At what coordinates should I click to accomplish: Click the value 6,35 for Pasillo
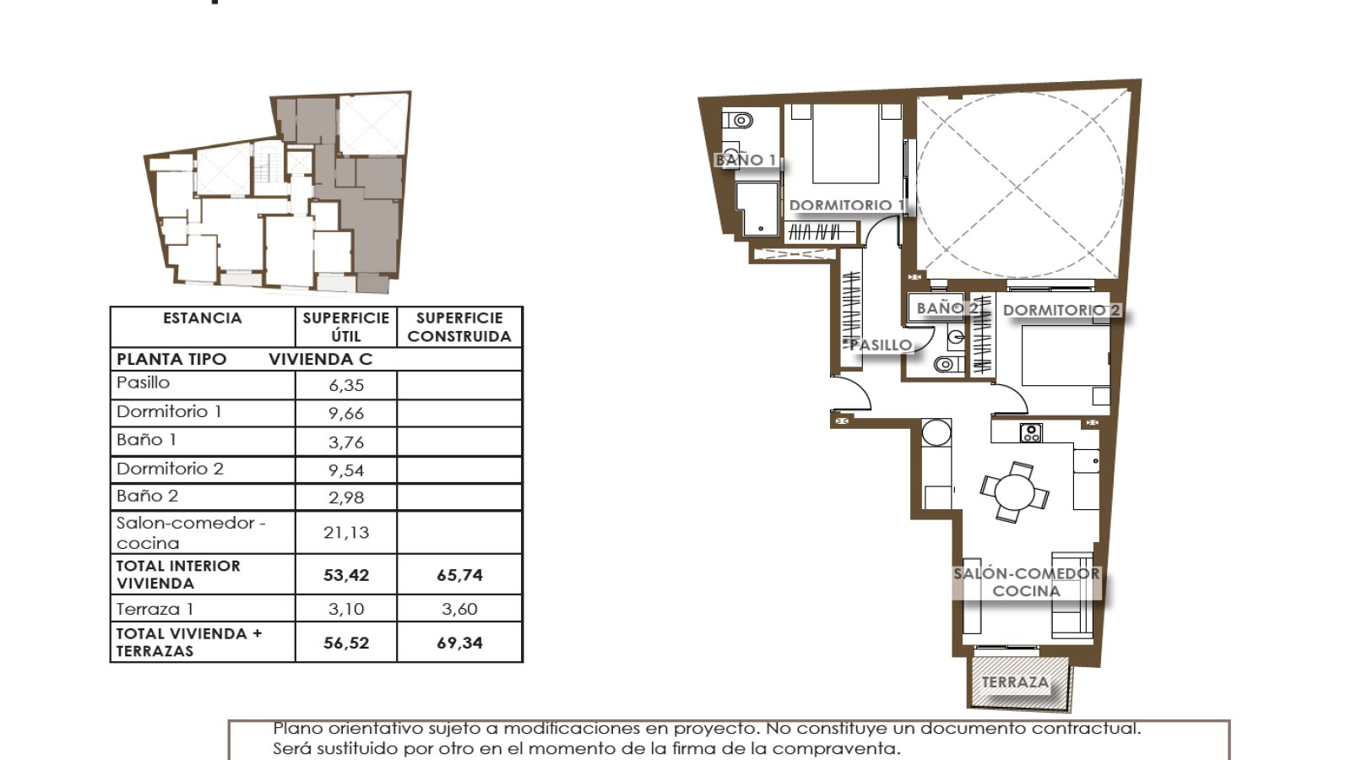click(x=346, y=385)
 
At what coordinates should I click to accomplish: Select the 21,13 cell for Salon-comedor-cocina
click(x=345, y=532)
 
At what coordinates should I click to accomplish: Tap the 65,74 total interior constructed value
click(x=459, y=575)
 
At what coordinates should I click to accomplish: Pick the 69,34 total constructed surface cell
click(x=459, y=643)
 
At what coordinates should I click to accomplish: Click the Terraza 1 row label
click(x=155, y=609)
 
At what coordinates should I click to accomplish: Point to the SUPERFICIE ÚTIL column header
click(x=346, y=327)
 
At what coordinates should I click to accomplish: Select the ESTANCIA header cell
click(x=203, y=318)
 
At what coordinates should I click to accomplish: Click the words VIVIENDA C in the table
click(x=321, y=359)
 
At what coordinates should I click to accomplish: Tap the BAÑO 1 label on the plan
click(x=746, y=160)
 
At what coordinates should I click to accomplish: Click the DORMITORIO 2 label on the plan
click(x=1061, y=310)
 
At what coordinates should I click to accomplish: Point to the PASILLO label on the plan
click(x=882, y=345)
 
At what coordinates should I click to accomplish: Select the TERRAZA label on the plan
click(x=1015, y=682)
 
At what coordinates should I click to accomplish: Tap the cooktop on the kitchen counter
click(x=1031, y=432)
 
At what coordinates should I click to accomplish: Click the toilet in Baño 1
click(x=738, y=121)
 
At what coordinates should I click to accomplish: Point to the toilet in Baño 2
click(x=948, y=364)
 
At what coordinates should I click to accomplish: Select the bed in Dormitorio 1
click(x=845, y=144)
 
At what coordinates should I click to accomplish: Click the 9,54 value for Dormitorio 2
click(x=346, y=470)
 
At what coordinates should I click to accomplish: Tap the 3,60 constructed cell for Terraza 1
click(x=459, y=609)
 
